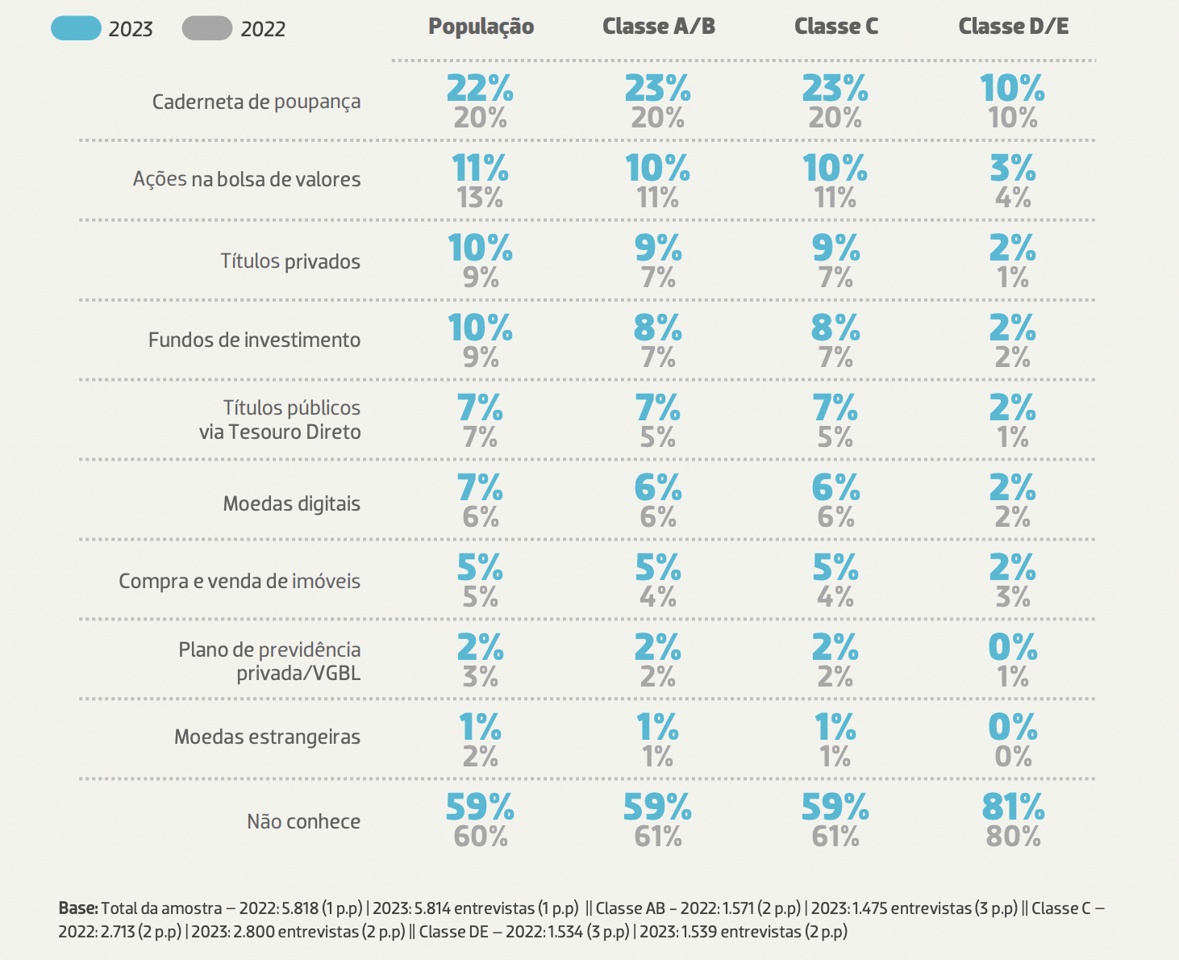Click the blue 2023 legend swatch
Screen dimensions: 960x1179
coord(76,28)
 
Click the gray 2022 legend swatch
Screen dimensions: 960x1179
coord(207,28)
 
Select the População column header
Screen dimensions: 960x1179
coord(481,27)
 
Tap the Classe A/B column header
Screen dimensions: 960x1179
coord(658,27)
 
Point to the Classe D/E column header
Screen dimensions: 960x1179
coord(1013,27)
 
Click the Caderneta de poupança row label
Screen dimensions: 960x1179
coord(256,102)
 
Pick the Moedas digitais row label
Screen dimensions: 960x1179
coord(291,504)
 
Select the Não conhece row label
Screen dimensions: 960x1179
coord(303,822)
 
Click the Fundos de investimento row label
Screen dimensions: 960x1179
coord(254,340)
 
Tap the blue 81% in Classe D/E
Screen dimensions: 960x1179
coord(1013,807)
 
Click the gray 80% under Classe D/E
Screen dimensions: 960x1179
coord(1013,837)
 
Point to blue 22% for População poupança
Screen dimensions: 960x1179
coord(480,88)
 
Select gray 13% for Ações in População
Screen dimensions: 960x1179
coord(480,198)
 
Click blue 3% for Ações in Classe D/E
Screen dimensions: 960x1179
coord(1013,168)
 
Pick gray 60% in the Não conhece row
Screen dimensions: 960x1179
coord(480,837)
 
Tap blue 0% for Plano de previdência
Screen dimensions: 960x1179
coord(1013,647)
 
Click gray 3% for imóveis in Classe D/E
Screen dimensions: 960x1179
coord(1013,597)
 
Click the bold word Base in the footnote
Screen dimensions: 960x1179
coord(77,908)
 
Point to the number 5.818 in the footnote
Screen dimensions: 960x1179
coord(299,908)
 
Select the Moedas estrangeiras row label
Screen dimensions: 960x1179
coord(267,737)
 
